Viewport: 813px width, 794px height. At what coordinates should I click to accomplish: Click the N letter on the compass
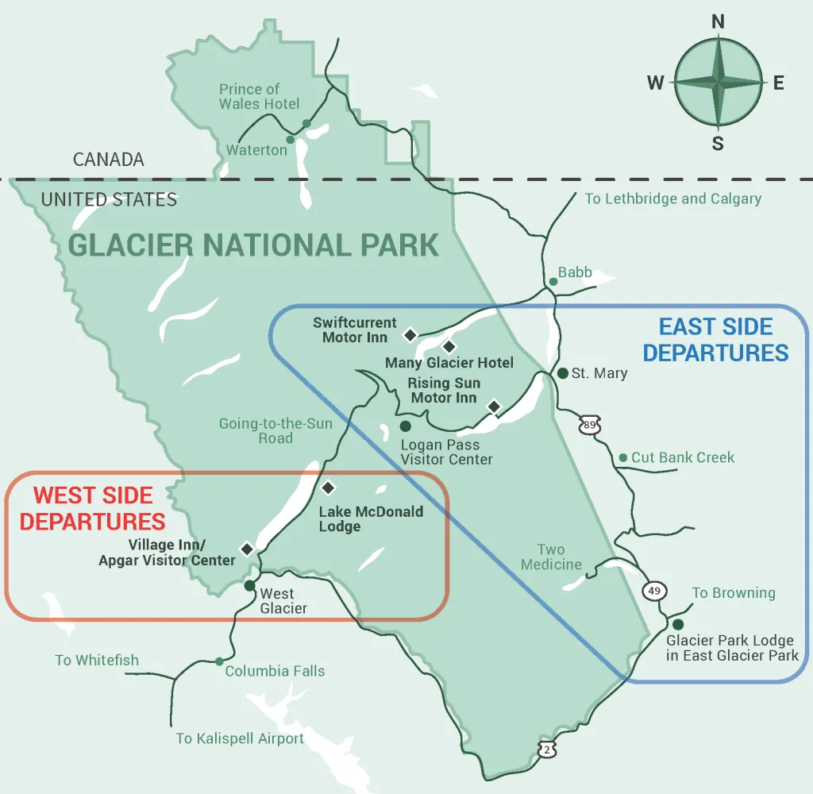tap(718, 22)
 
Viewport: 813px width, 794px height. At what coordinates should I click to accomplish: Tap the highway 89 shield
tap(588, 426)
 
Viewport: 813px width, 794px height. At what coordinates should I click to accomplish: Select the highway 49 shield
tap(655, 590)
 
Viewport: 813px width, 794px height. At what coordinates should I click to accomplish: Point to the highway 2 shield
tap(546, 749)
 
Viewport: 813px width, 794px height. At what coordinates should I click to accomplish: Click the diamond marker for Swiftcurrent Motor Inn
tap(410, 335)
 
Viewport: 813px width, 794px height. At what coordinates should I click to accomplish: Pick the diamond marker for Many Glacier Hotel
tap(449, 346)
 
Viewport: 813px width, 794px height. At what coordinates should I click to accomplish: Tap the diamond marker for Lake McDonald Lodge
tap(328, 488)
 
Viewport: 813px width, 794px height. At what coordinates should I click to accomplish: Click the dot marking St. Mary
tap(562, 373)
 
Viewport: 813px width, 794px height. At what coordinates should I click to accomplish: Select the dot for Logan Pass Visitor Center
tap(406, 426)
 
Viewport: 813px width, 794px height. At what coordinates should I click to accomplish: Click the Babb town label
tap(575, 273)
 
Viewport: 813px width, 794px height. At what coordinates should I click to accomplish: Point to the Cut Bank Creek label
tap(683, 457)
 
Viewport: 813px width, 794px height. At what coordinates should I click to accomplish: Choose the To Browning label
tap(733, 593)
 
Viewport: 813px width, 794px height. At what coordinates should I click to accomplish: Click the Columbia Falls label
tap(275, 671)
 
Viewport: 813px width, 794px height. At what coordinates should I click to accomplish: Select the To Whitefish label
tap(97, 660)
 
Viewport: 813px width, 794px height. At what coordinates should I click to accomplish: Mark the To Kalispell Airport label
tap(240, 738)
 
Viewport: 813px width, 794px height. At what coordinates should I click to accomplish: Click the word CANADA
tap(109, 160)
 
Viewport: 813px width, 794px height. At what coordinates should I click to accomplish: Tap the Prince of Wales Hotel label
tap(260, 97)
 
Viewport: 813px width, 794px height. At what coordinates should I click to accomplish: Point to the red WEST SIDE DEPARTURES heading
tap(93, 508)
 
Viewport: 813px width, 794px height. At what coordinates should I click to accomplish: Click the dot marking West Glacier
tap(249, 586)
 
